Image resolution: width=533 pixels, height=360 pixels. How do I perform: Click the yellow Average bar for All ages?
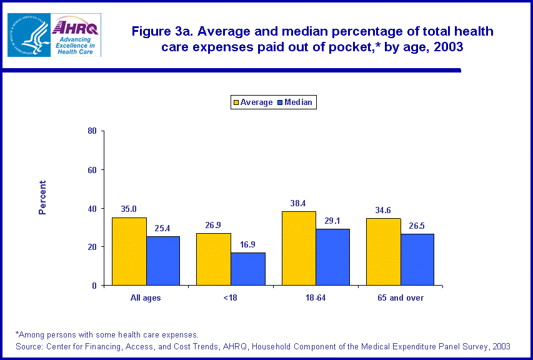[x=129, y=251]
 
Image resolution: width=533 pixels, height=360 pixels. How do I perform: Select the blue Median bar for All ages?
[x=163, y=261]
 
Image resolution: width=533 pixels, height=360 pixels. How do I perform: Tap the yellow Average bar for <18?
[x=214, y=259]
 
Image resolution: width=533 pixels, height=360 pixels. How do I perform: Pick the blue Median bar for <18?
[x=248, y=269]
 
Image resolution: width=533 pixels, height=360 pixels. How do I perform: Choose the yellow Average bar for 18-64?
[x=299, y=248]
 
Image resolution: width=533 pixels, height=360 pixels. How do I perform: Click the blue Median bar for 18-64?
[x=333, y=257]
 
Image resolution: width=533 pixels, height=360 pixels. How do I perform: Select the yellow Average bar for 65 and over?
[x=384, y=252]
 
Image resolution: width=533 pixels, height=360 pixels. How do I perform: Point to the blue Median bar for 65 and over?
[x=417, y=259]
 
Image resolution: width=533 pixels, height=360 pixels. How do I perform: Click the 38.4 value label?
[x=299, y=203]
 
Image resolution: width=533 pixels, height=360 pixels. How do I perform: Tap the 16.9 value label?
[x=248, y=244]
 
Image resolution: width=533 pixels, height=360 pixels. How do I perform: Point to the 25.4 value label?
[x=163, y=228]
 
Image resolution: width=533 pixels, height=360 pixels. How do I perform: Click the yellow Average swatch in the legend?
[x=237, y=102]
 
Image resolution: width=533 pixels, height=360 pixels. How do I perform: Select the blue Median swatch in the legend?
[x=280, y=102]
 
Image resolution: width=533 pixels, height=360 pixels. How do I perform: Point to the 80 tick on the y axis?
[x=92, y=131]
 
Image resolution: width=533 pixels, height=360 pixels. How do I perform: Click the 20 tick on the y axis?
[x=92, y=247]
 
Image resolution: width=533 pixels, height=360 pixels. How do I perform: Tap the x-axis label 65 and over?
[x=401, y=298]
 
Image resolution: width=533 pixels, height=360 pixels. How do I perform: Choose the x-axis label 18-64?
[x=316, y=298]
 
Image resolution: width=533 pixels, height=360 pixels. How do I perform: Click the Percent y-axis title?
[x=42, y=197]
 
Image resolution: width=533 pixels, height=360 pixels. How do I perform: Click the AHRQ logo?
[x=77, y=35]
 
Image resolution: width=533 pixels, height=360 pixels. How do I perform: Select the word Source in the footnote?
[x=29, y=346]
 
